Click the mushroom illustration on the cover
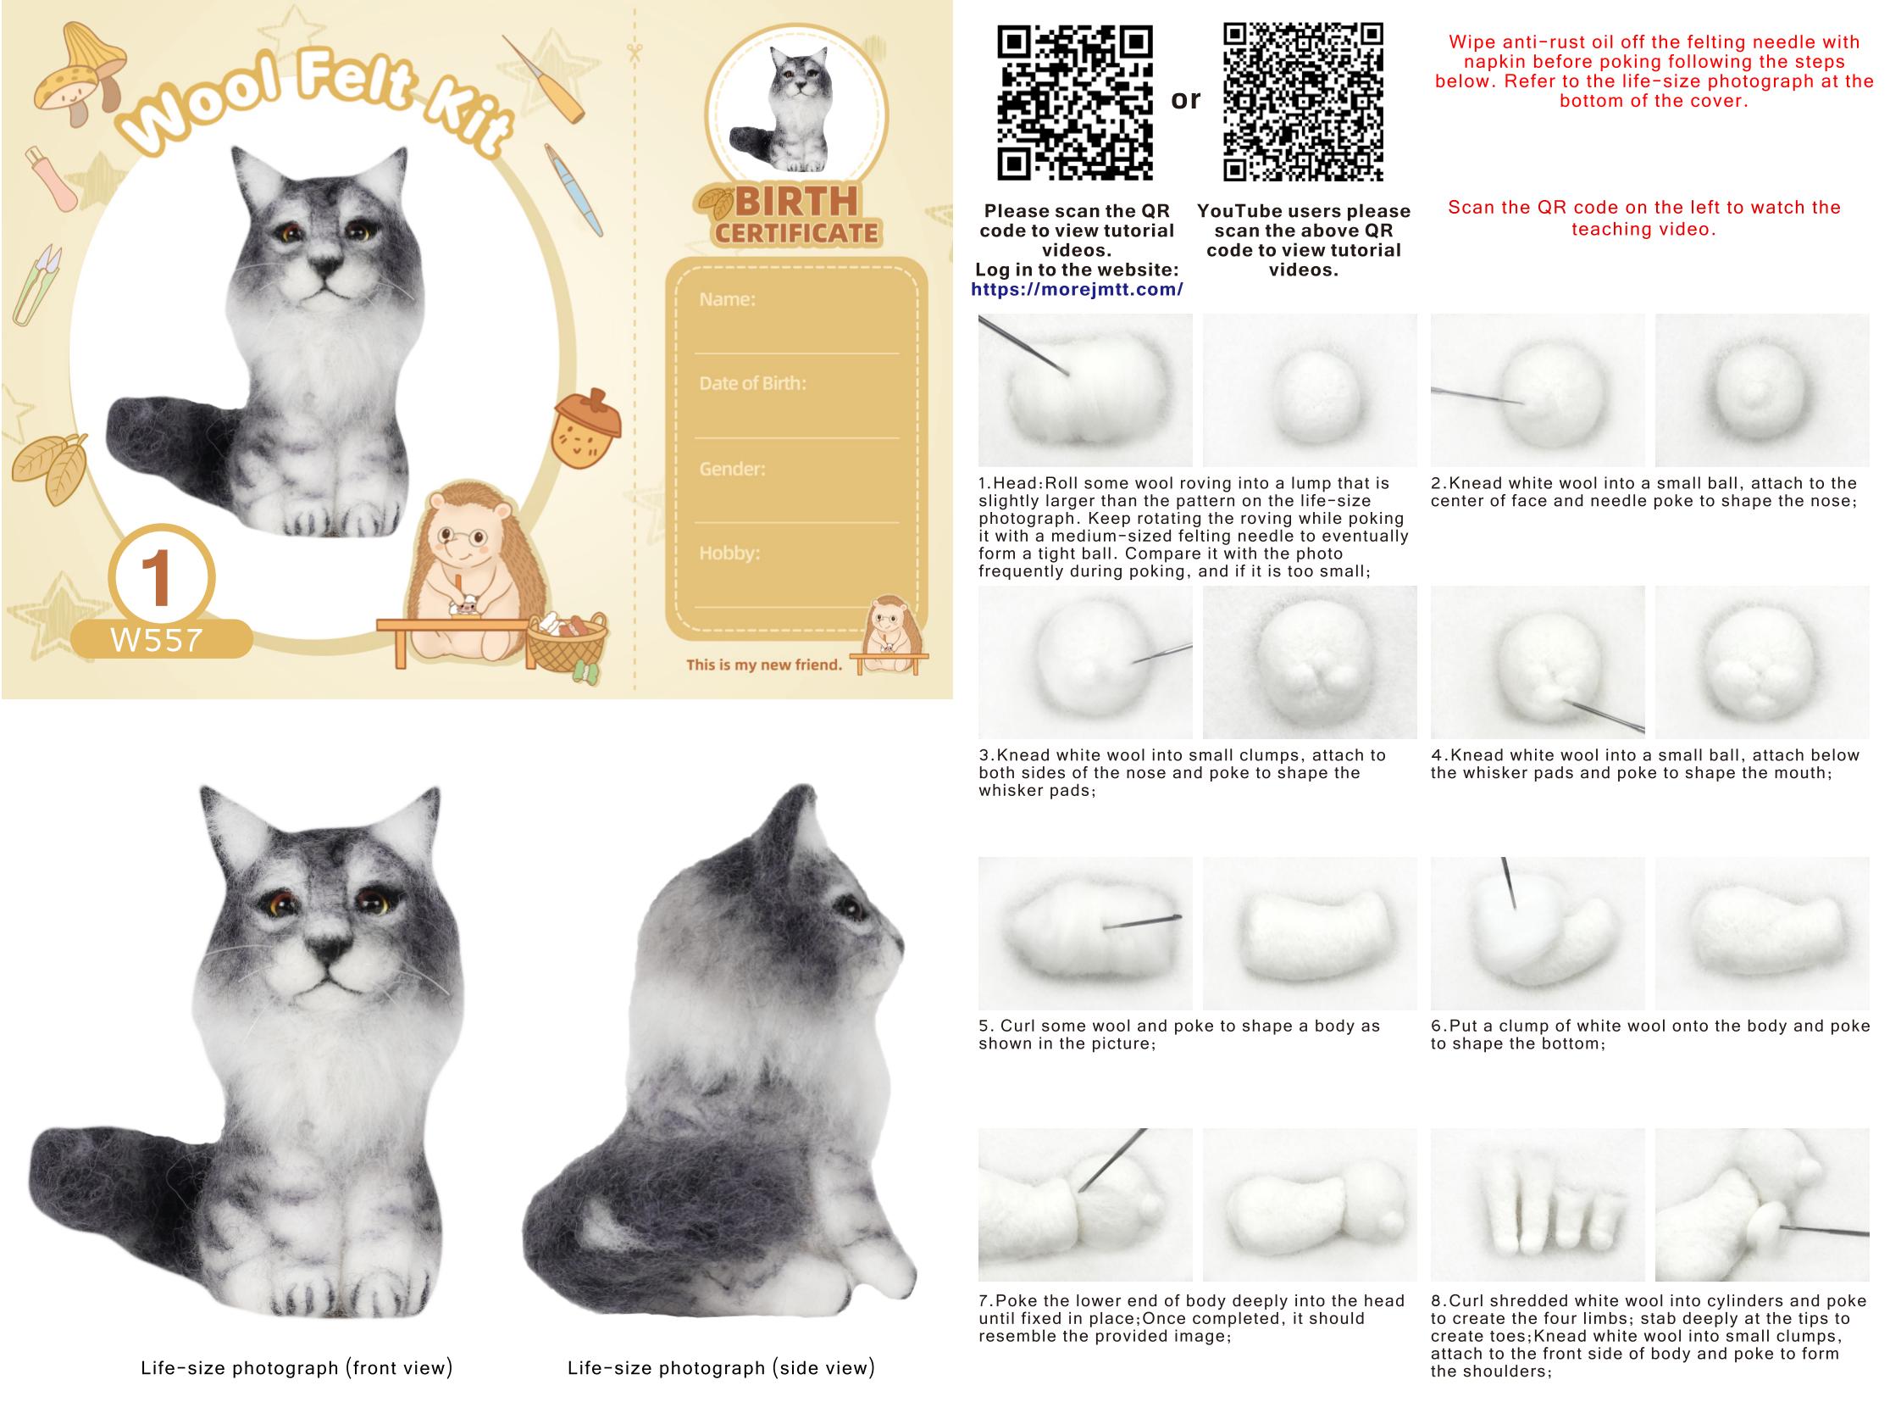[79, 75]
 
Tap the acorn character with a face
[586, 428]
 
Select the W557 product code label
[158, 640]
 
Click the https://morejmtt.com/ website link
[1077, 289]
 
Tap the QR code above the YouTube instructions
[1303, 102]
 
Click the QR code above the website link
[1075, 103]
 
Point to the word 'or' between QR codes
[1186, 100]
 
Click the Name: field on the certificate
[727, 298]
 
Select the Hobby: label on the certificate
[729, 553]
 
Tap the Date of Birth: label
[752, 383]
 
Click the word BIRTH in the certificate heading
[796, 202]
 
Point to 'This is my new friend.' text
[764, 665]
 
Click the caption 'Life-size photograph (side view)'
[721, 1367]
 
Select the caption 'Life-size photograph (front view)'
[297, 1367]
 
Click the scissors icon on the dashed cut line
[635, 53]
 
